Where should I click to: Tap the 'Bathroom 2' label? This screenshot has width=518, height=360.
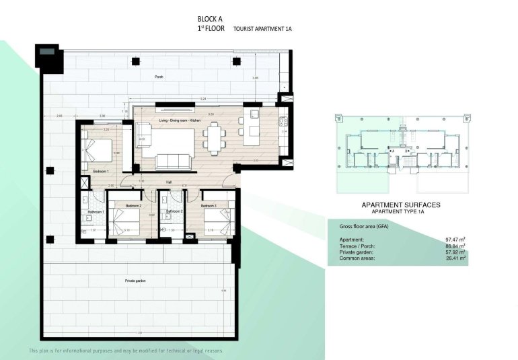click(175, 211)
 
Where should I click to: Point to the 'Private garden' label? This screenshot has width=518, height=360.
click(135, 280)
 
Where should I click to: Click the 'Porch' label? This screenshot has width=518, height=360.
click(159, 77)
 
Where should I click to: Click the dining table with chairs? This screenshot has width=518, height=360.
click(215, 138)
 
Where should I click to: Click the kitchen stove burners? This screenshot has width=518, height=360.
click(284, 123)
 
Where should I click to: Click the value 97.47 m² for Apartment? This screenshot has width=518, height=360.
click(456, 240)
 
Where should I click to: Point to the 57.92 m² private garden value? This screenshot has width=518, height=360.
click(456, 252)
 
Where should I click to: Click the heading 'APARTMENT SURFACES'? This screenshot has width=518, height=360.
click(401, 205)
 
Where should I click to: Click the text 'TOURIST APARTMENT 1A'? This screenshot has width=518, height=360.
click(262, 30)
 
